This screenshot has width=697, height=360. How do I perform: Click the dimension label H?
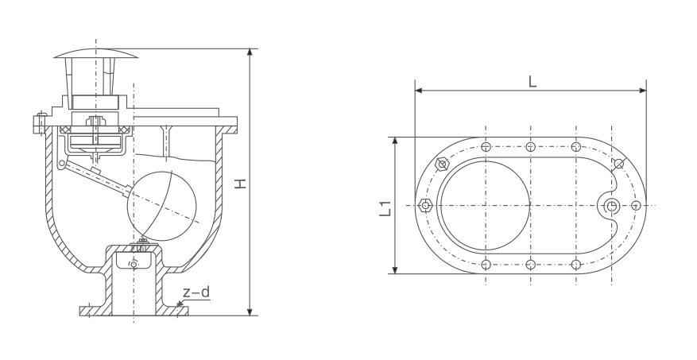pyautogui.click(x=241, y=183)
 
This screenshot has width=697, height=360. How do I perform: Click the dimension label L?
pyautogui.click(x=532, y=82)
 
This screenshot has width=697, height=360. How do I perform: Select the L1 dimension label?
pyautogui.click(x=385, y=208)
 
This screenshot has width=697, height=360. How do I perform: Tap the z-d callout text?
pyautogui.click(x=196, y=292)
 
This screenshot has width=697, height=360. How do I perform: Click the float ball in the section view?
pyautogui.click(x=162, y=206)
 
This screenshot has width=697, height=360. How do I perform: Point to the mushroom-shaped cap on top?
pyautogui.click(x=95, y=54)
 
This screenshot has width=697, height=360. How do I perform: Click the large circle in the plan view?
pyautogui.click(x=486, y=205)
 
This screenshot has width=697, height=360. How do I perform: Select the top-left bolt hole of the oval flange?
pyautogui.click(x=486, y=147)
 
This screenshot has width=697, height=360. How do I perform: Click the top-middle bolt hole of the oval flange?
pyautogui.click(x=530, y=147)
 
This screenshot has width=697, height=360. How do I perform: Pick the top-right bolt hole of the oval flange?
pyautogui.click(x=576, y=147)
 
